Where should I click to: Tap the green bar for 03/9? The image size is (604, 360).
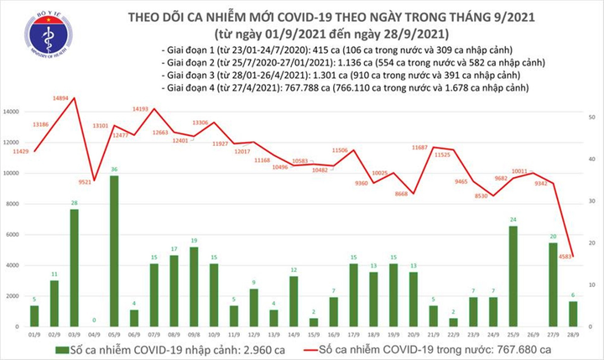coord(74,268)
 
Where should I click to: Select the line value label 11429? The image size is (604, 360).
coord(21,151)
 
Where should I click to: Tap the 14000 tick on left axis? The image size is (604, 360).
coord(12,112)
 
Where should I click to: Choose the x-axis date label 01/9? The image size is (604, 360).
coord(34,333)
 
